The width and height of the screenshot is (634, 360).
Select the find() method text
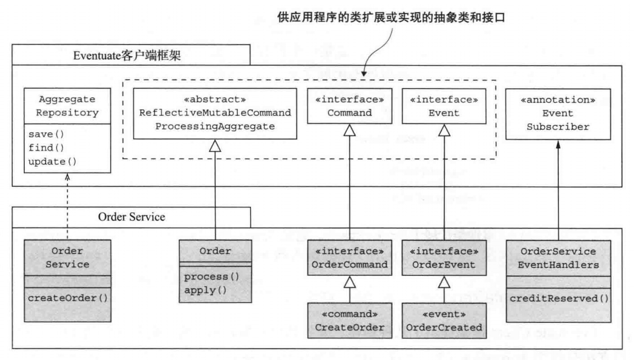[x=41, y=148]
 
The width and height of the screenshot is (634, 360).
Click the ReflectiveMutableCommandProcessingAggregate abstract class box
[x=215, y=113]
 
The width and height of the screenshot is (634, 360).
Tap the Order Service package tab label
[x=131, y=217]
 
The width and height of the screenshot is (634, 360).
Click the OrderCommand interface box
[x=349, y=258]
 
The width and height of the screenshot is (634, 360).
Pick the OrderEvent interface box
[x=444, y=258]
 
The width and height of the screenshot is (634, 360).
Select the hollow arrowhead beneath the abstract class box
[x=215, y=146]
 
